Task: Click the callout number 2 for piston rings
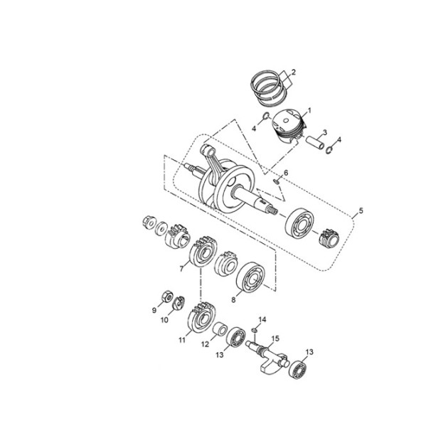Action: [293, 72]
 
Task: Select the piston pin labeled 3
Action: [315, 142]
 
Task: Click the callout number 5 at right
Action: [361, 211]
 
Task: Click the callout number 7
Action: [181, 269]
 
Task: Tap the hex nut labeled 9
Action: [166, 297]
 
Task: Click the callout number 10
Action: [164, 320]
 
